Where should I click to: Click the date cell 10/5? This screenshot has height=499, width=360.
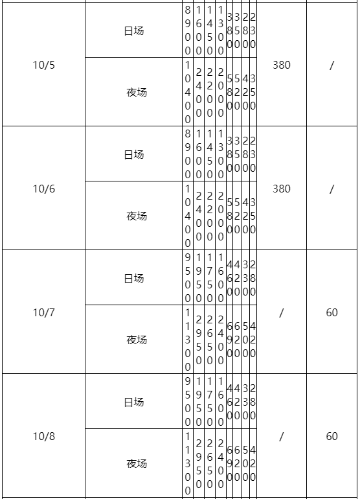[44, 65]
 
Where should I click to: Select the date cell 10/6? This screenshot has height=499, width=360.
[44, 189]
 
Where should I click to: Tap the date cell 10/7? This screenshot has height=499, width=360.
[44, 312]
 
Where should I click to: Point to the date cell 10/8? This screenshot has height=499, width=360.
[44, 436]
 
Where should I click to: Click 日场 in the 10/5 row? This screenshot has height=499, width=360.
[134, 31]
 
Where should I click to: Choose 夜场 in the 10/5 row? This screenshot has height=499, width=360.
[137, 92]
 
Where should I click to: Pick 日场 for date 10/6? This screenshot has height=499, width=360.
[134, 155]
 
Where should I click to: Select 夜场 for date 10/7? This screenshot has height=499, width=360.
[137, 340]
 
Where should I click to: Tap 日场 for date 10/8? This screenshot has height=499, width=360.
[134, 402]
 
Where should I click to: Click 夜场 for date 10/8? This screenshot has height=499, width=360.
[137, 463]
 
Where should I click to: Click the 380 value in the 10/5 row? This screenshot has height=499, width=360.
[282, 65]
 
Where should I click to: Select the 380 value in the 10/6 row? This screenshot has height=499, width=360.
[282, 189]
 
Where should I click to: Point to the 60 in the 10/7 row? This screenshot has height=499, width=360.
[332, 312]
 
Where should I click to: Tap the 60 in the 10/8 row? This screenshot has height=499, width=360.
[332, 436]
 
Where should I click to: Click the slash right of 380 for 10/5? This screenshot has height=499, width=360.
[332, 65]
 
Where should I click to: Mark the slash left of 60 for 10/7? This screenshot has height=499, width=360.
[282, 313]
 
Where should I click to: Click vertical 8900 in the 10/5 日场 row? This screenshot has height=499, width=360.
[188, 30]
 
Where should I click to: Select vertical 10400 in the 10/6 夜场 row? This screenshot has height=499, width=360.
[188, 216]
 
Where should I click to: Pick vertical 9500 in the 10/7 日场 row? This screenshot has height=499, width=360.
[188, 278]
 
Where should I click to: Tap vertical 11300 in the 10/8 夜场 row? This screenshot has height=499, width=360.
[188, 463]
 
